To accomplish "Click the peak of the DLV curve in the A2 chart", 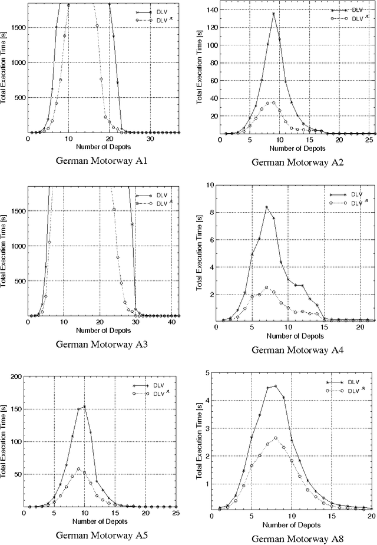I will [274, 14].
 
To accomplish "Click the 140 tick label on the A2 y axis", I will [210, 10].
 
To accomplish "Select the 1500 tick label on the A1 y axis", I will [17, 27].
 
